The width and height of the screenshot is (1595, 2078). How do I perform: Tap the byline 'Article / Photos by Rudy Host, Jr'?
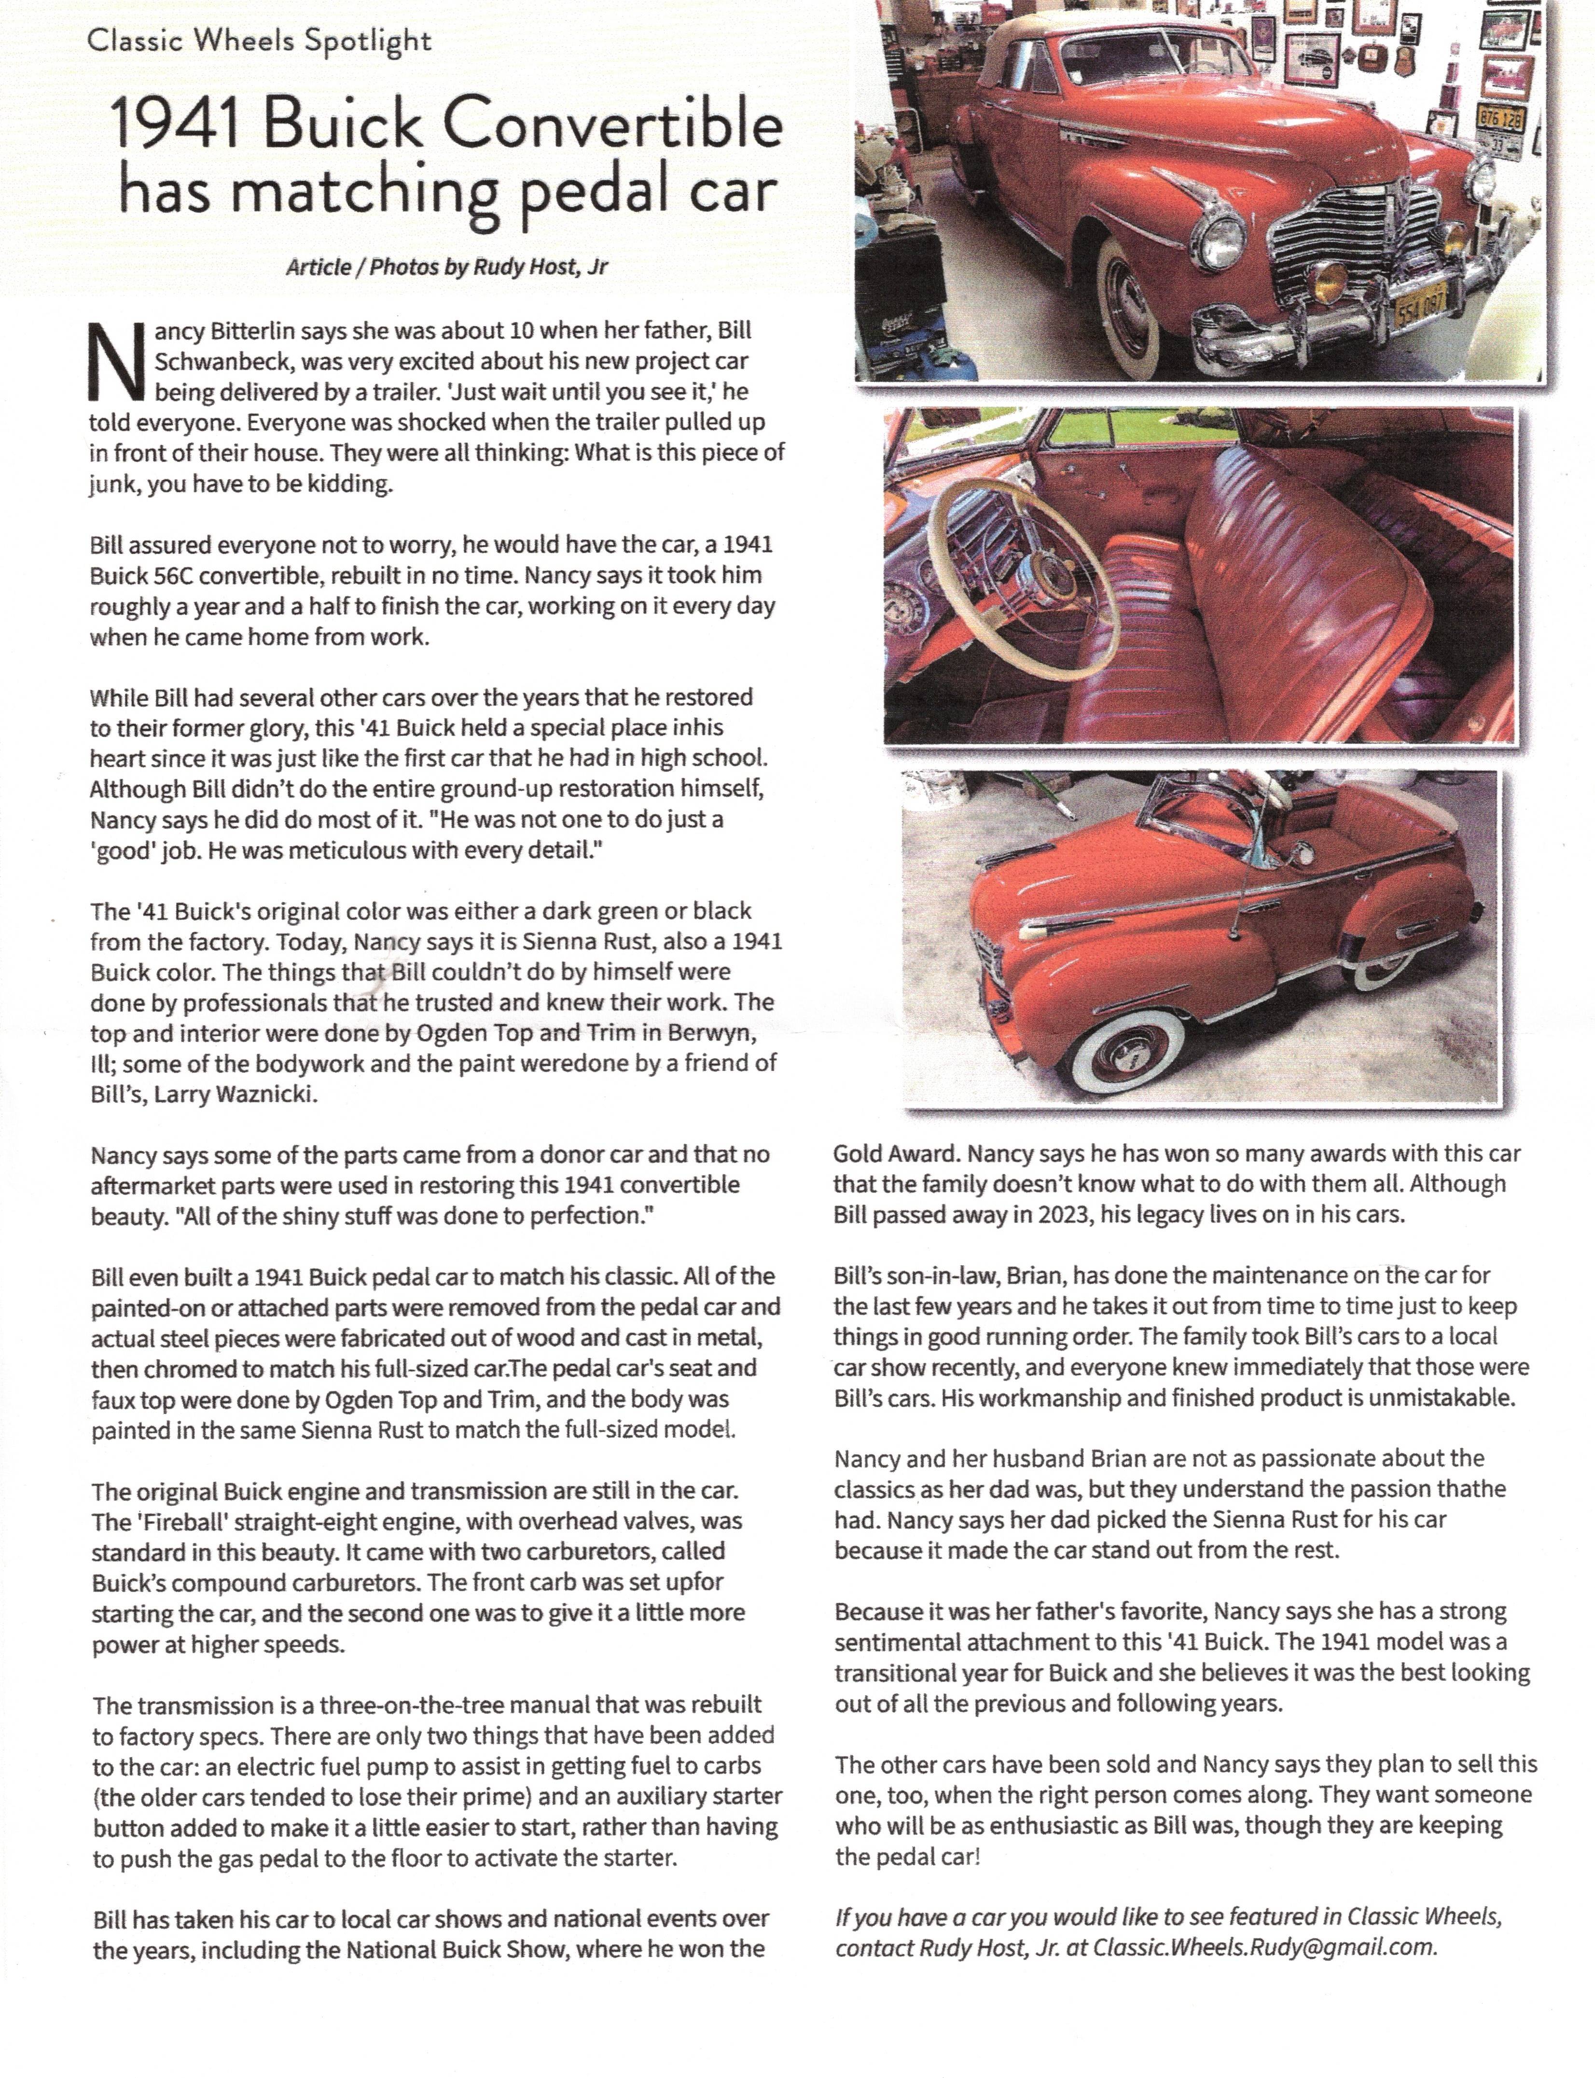point(446,267)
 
